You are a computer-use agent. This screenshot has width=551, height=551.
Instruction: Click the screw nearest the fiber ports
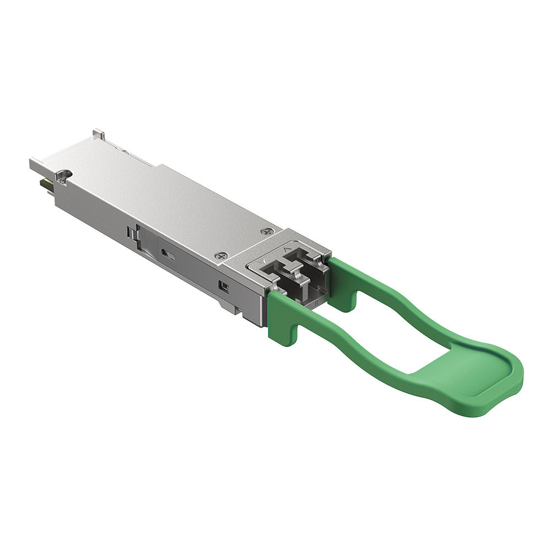click(x=222, y=256)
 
